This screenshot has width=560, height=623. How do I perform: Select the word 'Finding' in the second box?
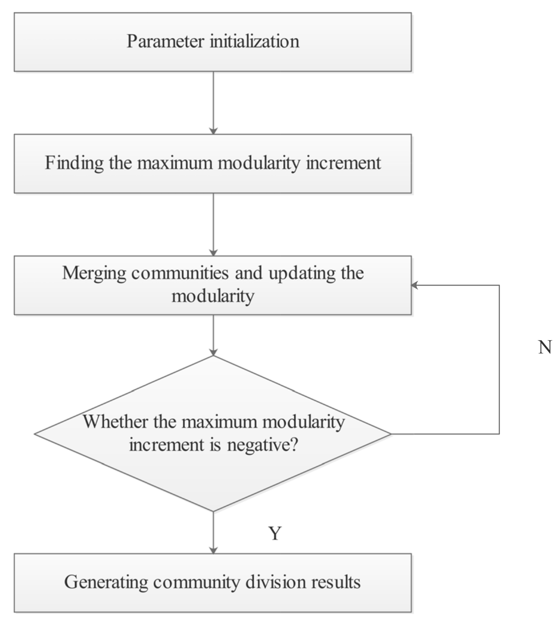[x=74, y=163]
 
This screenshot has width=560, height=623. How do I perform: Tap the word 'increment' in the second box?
[x=343, y=163]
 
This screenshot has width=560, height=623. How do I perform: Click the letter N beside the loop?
[x=545, y=347]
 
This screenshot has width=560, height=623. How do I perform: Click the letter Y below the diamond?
[x=275, y=533]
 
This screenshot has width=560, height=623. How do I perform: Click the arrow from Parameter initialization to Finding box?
[x=213, y=103]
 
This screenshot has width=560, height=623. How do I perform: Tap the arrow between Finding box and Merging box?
[x=213, y=224]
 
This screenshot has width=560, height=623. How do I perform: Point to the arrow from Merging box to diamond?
[x=213, y=335]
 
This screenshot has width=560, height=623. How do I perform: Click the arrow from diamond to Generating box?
[x=213, y=532]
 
